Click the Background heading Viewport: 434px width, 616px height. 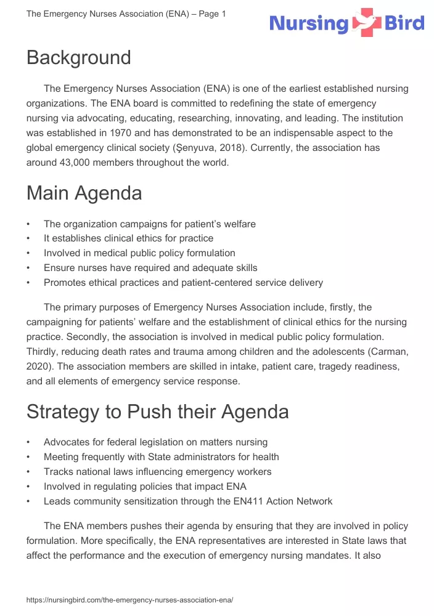tap(78, 57)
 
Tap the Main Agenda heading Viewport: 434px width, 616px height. tap(84, 193)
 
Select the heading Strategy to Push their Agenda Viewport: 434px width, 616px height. tap(157, 411)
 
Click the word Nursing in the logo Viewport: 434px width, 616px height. tap(309, 24)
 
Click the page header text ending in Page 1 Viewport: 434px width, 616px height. tap(126, 14)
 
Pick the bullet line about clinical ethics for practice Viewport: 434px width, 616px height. tap(128, 238)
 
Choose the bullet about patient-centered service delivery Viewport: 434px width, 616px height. tap(183, 283)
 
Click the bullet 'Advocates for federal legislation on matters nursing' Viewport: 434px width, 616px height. tap(155, 442)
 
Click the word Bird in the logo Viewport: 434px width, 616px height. tap(404, 24)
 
